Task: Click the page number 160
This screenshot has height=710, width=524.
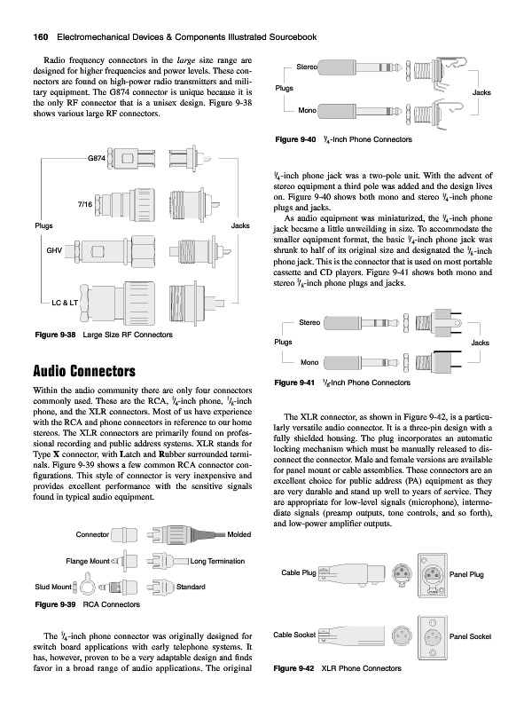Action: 41,37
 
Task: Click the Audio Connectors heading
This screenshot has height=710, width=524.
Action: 84,371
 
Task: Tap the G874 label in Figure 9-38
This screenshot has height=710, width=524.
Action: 97,159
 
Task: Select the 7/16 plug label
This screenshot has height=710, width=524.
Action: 84,204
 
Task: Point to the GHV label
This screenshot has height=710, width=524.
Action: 54,250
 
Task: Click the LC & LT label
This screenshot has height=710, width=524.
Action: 65,303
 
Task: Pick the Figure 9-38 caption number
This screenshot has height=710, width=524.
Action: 55,335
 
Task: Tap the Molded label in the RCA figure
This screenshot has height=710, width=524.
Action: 239,535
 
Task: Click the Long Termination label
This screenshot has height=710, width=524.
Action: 217,561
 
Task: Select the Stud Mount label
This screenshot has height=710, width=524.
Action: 53,587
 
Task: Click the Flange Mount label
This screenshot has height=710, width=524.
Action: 88,562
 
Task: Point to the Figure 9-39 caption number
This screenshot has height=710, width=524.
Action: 55,604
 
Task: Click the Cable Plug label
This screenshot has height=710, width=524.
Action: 299,572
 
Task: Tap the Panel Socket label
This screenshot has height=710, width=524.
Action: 470,636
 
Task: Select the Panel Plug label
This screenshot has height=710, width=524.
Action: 466,574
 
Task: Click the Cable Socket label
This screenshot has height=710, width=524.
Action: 294,635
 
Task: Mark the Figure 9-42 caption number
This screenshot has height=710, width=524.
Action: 293,668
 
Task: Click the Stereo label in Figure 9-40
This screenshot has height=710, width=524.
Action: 307,67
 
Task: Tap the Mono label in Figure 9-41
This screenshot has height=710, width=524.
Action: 309,362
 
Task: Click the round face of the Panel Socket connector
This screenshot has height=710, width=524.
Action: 433,637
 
